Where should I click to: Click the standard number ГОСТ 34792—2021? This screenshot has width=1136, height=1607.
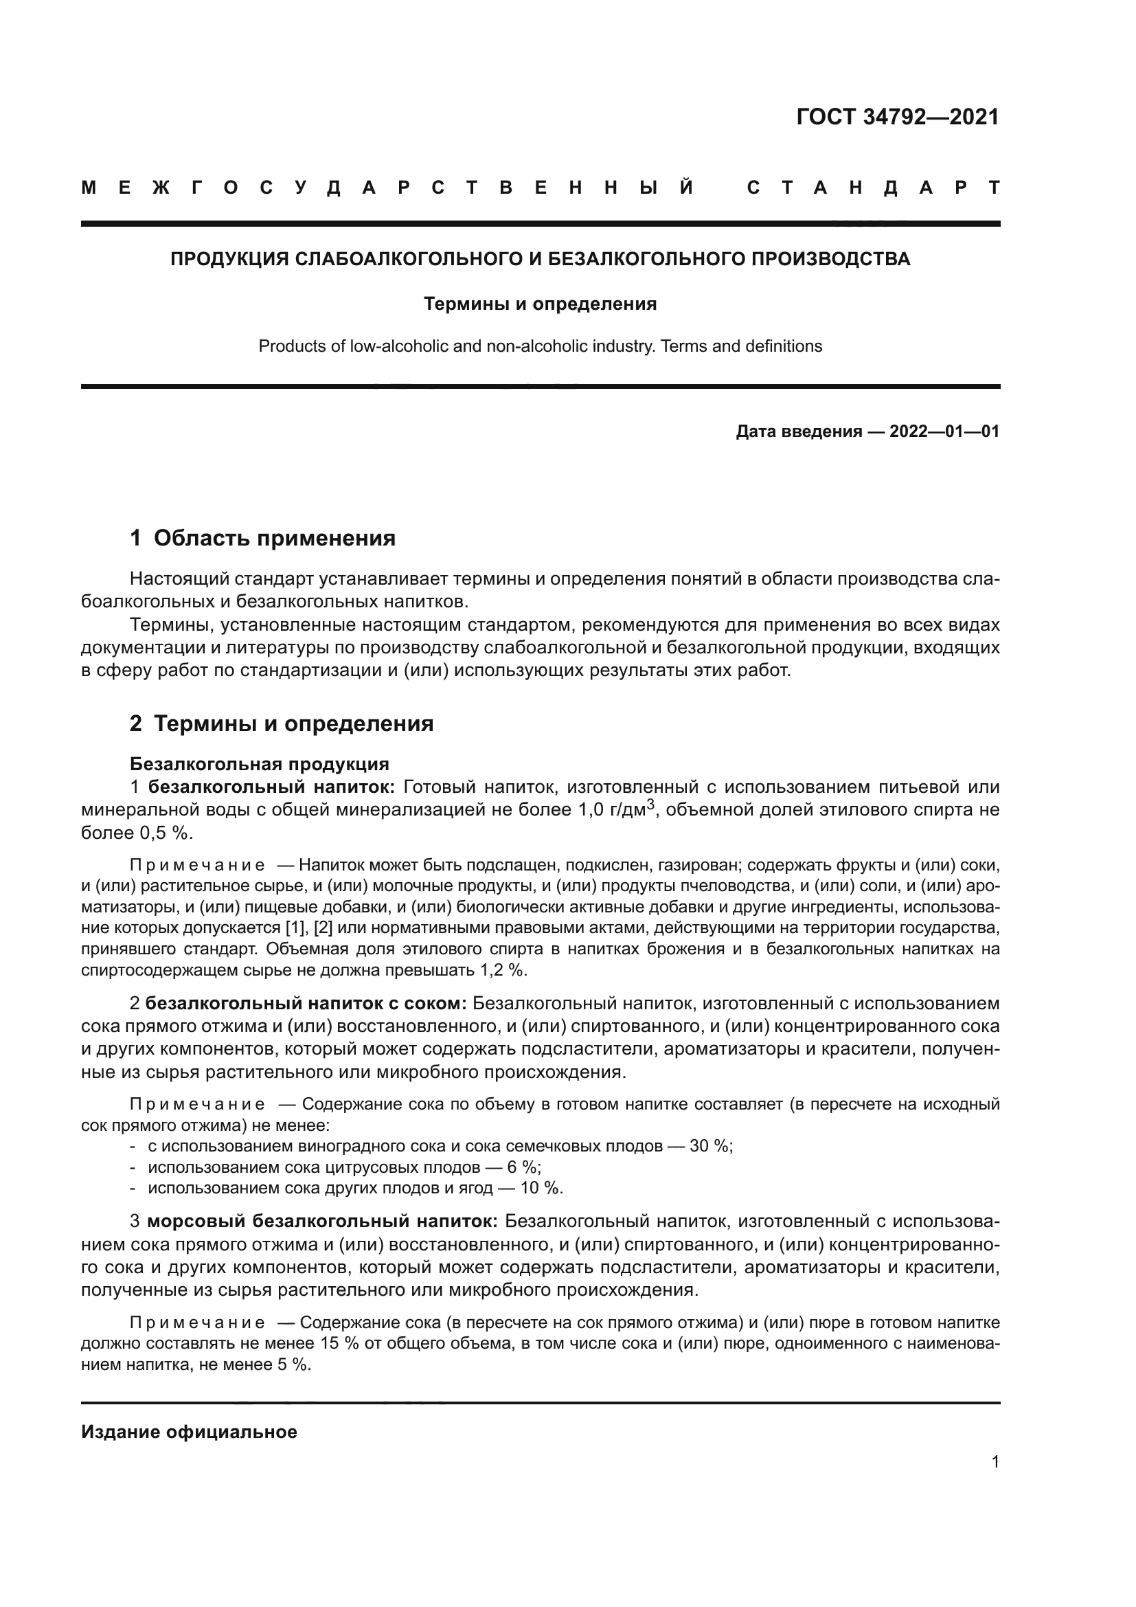(898, 117)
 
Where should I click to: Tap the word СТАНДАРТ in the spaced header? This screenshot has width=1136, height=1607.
(872, 188)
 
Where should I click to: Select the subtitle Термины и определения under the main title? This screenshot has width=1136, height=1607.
(540, 304)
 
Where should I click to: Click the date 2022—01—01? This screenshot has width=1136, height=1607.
(944, 431)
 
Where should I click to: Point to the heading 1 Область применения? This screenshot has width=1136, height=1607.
(262, 537)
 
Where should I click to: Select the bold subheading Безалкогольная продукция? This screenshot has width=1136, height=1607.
(260, 763)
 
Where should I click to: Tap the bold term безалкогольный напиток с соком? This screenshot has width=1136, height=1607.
(306, 1003)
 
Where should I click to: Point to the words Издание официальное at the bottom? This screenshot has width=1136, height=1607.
(189, 1432)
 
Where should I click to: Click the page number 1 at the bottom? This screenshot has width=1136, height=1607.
(995, 1461)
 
